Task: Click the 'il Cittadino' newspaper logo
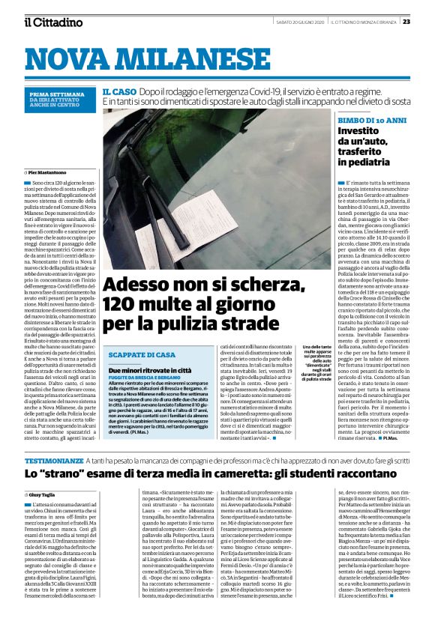pyautogui.click(x=52, y=22)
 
